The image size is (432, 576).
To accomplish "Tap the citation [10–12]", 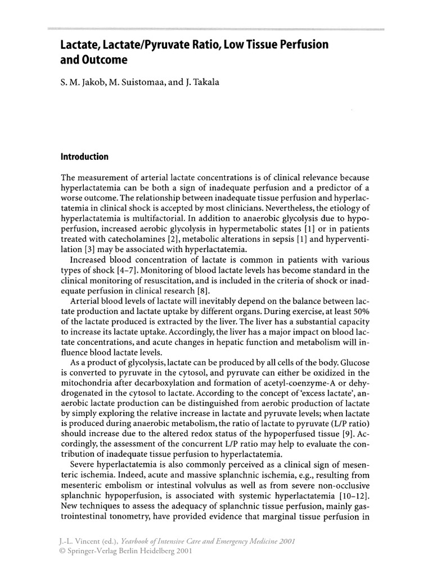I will tap(349, 497).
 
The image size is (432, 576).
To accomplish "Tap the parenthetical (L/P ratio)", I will tap(347, 424).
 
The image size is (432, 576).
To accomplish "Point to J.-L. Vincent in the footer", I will tap(81, 541).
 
